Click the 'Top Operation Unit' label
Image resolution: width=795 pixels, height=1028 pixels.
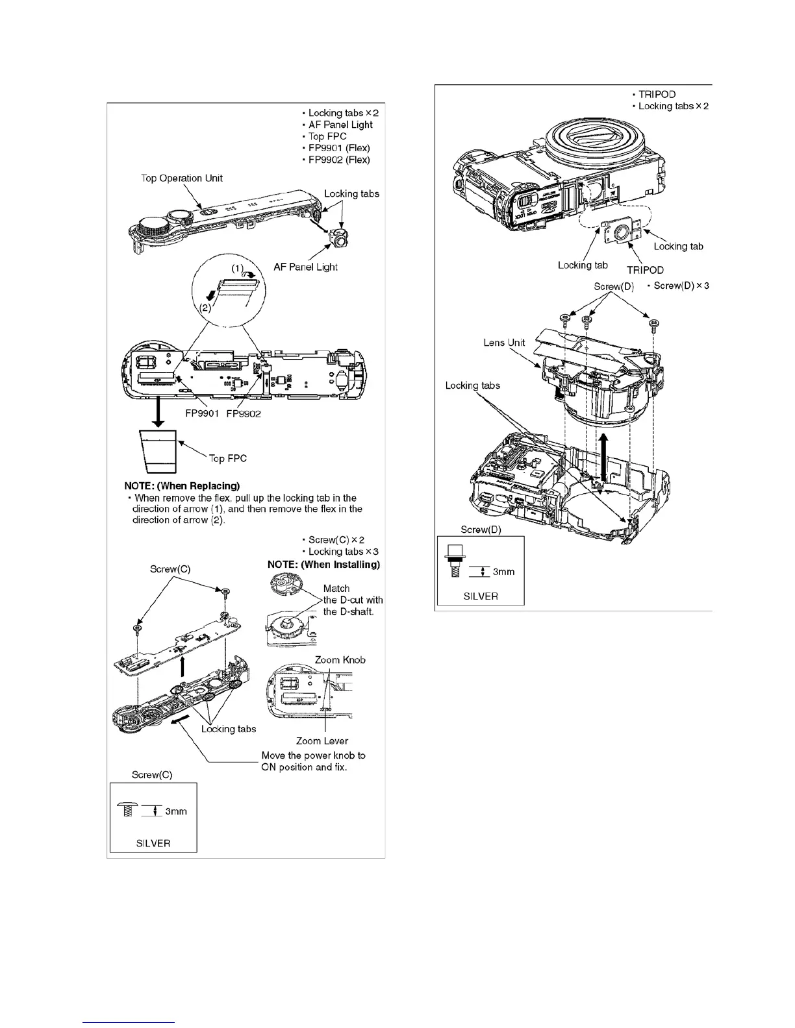tap(182, 178)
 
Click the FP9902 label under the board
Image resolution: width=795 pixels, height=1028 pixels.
tap(244, 414)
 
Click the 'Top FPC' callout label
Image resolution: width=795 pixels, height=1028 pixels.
tap(227, 458)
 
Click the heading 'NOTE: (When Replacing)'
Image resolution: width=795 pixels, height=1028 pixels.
tap(182, 486)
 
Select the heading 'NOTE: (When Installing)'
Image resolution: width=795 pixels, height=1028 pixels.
tap(323, 565)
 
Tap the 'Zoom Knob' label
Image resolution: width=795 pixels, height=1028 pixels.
tap(340, 660)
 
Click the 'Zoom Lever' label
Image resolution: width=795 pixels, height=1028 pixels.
tap(322, 740)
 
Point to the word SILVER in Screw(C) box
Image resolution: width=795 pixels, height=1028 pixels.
tap(153, 843)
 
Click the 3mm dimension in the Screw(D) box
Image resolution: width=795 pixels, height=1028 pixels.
tap(503, 572)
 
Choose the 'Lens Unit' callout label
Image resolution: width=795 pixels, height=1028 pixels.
tap(504, 343)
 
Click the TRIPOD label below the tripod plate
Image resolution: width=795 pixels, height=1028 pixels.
tap(645, 270)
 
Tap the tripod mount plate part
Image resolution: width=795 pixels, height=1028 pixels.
tap(624, 233)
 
